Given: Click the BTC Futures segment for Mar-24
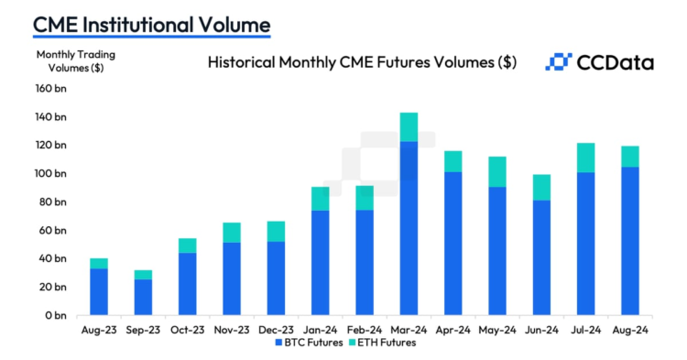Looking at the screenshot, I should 409,228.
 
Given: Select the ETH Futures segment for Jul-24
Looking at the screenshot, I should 586,158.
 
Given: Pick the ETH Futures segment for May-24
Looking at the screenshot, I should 497,171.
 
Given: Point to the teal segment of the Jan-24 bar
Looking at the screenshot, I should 321,199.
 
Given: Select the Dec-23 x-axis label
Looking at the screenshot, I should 276,329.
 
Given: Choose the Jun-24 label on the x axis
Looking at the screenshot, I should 541,329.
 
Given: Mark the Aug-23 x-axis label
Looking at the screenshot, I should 98,329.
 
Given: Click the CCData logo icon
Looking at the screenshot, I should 558,62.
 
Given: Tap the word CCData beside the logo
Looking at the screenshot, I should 615,62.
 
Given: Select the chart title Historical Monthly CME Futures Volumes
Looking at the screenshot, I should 362,62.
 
